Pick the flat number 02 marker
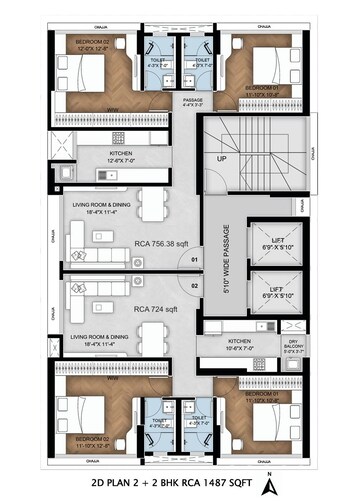(x=195, y=285)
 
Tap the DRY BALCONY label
(x=293, y=347)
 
